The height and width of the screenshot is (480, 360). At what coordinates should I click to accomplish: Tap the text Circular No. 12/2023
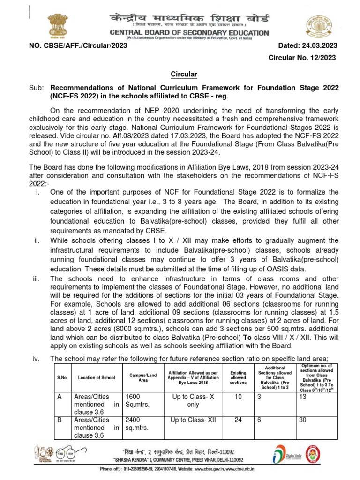pyautogui.click(x=302, y=57)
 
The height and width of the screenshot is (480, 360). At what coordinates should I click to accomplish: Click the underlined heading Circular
pyautogui.click(x=183, y=74)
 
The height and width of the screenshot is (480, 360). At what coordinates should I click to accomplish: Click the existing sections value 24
pyautogui.click(x=238, y=420)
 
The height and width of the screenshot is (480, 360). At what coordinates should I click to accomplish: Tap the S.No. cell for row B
pyautogui.click(x=60, y=420)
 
